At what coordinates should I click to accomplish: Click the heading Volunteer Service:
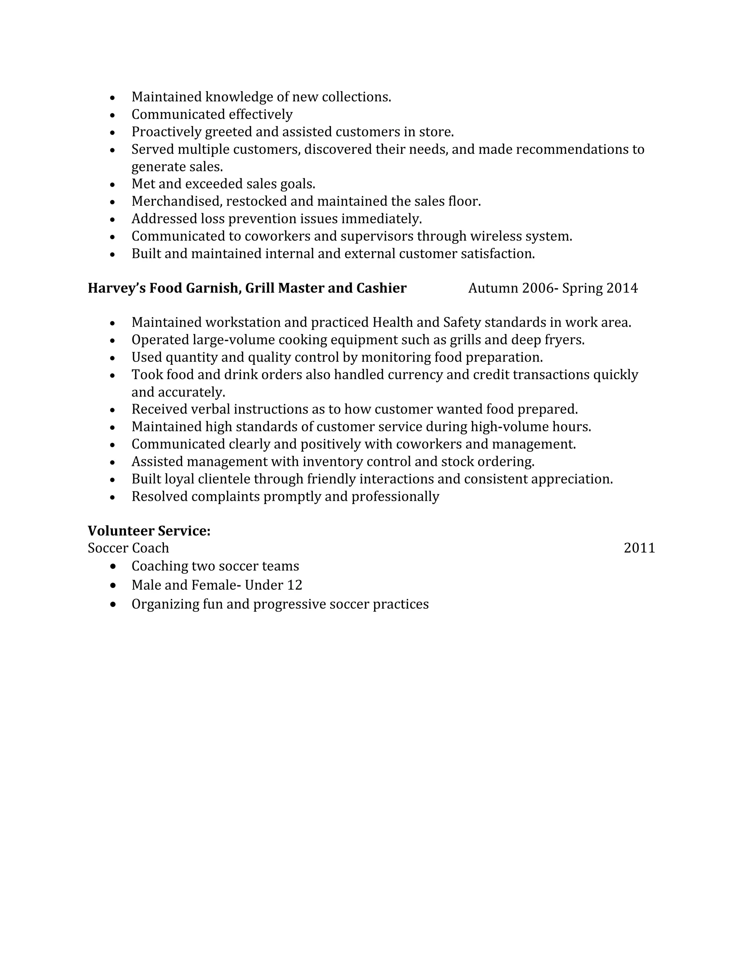149,531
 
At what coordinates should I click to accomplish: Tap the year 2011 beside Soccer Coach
639,548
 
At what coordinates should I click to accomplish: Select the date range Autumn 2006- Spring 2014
553,289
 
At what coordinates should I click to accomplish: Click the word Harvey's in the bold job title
117,289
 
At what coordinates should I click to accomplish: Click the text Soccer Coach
128,548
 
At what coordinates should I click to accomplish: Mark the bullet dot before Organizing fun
113,604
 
